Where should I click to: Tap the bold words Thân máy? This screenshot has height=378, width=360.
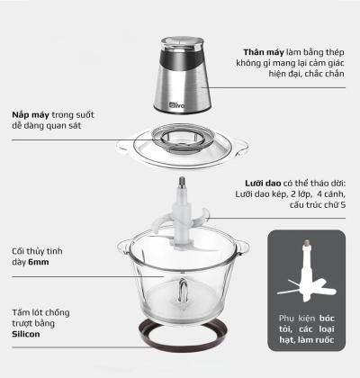click(264, 52)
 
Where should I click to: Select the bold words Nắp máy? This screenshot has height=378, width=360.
click(31, 115)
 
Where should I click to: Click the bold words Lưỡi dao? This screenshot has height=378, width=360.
click(263, 184)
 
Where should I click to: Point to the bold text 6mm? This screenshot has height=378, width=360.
click(39, 262)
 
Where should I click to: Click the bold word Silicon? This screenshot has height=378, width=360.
click(26, 334)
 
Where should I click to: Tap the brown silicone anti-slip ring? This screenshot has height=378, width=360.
click(182, 335)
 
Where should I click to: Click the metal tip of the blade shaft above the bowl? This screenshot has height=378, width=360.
click(182, 183)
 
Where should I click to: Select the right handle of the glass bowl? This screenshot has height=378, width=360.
click(242, 247)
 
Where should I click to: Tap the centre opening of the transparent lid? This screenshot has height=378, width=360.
click(183, 137)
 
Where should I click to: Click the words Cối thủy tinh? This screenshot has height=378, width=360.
click(37, 251)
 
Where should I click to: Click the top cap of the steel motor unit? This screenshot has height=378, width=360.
click(182, 42)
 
